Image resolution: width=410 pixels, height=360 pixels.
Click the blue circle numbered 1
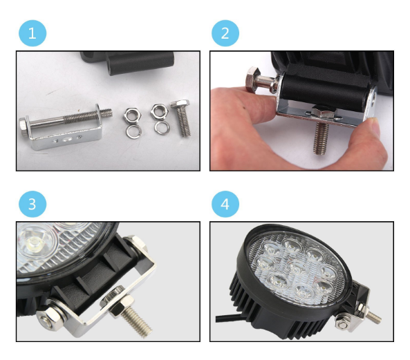(x=32, y=33)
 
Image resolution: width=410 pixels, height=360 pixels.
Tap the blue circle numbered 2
(x=225, y=33)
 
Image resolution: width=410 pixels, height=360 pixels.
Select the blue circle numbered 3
(x=32, y=204)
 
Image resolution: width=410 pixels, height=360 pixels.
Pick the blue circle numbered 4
(x=225, y=204)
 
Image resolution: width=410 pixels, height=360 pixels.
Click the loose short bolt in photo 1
(x=181, y=117)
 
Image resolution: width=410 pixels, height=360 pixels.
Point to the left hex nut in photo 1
(x=132, y=115)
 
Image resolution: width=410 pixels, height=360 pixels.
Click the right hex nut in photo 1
(x=159, y=111)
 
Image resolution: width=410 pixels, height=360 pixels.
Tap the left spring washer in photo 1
(x=133, y=132)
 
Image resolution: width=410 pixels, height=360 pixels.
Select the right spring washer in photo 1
(x=162, y=128)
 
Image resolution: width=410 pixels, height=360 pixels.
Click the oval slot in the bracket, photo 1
(x=67, y=140)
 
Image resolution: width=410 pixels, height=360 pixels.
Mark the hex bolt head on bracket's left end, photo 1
(x=24, y=126)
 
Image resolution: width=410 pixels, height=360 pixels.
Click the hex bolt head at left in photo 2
(x=253, y=78)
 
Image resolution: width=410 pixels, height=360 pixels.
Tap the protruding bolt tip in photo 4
(x=373, y=317)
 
